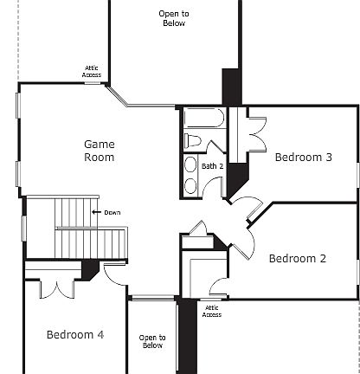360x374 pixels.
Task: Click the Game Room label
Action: pos(99,151)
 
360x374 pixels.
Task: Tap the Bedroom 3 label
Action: pos(303,158)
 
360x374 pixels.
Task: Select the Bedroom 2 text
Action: pos(297,258)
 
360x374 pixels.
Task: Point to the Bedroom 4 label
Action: pos(75,335)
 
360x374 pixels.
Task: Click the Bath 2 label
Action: pos(213,166)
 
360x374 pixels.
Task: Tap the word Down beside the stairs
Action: pos(112,213)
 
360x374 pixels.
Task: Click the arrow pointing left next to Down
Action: pos(96,213)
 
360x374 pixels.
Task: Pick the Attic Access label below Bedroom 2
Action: pos(212,311)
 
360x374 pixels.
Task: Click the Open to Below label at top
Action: pos(174,18)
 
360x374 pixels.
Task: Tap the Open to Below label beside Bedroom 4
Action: pos(151,341)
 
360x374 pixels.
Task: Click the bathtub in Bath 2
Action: pos(204,119)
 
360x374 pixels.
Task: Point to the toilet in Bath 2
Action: pos(193,140)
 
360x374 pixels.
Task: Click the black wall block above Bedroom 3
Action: pos(231,87)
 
